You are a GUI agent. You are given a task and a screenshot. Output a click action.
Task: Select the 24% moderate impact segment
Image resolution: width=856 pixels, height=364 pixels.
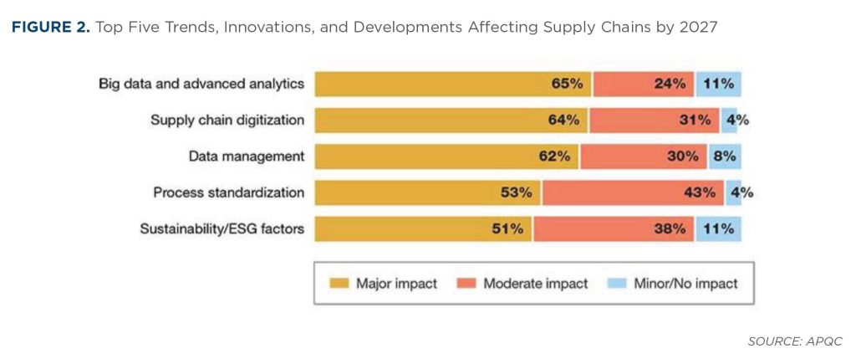(644, 84)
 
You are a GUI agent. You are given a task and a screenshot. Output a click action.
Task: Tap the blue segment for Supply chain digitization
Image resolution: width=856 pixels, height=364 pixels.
(729, 120)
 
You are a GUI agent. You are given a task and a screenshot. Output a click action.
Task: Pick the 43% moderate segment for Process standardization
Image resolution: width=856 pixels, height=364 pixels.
(634, 192)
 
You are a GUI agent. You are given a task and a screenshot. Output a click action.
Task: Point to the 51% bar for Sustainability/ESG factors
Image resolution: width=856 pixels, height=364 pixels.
(423, 228)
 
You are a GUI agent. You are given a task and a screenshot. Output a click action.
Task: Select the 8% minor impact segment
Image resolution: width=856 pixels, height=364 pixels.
(718, 156)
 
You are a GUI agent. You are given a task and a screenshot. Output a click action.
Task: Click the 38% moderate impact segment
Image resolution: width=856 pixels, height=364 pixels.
(614, 228)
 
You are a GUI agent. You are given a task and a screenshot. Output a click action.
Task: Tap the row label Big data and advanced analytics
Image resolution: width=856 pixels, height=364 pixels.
(201, 84)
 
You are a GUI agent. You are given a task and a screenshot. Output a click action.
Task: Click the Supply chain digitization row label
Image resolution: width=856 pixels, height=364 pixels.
(227, 120)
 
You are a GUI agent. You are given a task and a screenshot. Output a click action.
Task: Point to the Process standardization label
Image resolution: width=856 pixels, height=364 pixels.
(228, 192)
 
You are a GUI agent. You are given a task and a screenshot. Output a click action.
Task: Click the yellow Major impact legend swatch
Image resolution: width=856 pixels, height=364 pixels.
(339, 284)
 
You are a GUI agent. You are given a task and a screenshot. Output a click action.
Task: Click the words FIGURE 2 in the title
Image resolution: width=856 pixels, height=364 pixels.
(48, 28)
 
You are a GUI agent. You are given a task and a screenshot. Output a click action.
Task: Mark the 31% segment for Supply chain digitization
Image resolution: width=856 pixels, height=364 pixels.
(655, 120)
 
